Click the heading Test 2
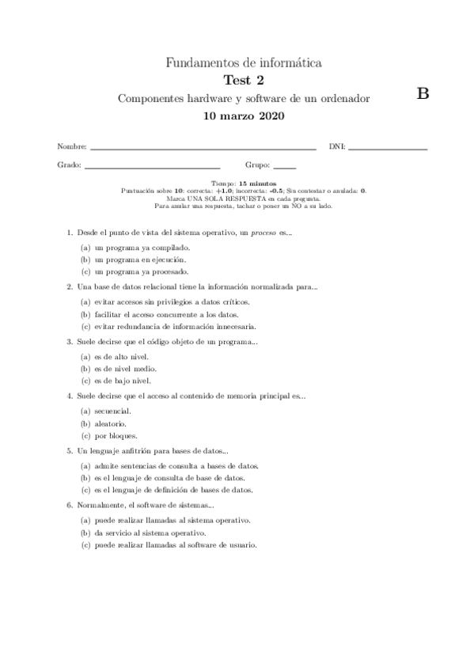click(x=244, y=79)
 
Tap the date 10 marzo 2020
click(x=244, y=116)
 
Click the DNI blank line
click(x=388, y=148)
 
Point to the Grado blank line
click(x=151, y=168)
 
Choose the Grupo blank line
click(x=285, y=168)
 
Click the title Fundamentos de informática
click(x=244, y=62)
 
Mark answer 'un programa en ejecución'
click(x=140, y=259)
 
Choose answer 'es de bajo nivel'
click(x=121, y=381)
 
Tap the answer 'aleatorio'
click(x=110, y=423)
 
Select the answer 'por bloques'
click(x=116, y=435)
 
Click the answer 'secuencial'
click(x=112, y=411)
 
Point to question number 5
click(x=70, y=449)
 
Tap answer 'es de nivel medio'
click(x=125, y=368)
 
